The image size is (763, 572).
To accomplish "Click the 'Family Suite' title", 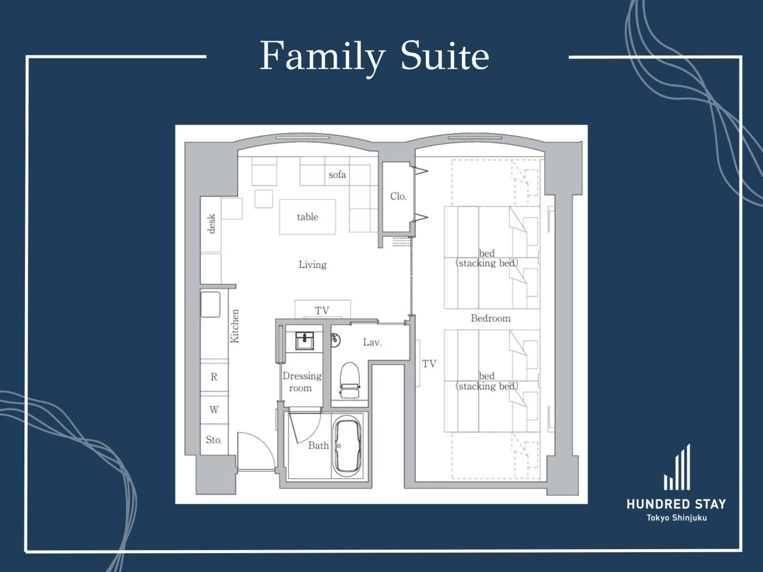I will [x=374, y=56].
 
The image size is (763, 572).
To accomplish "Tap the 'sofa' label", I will [x=337, y=175].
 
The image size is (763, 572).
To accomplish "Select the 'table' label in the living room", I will [x=307, y=217].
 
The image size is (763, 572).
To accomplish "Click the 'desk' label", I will [x=211, y=223].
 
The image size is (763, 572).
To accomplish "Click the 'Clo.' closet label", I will [x=398, y=196].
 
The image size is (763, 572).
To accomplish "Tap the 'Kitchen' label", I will [x=234, y=326].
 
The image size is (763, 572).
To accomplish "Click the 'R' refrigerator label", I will [x=214, y=377].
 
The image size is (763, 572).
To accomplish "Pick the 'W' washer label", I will [x=214, y=410].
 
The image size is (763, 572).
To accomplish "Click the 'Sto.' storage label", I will [x=214, y=440].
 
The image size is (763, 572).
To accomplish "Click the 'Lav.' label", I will [x=372, y=342].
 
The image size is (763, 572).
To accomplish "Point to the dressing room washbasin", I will [x=305, y=341].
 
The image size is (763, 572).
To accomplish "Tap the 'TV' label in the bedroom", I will [x=429, y=364].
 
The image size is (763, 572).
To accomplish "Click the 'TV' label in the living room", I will [x=322, y=310].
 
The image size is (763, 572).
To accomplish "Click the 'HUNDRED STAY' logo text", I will [x=676, y=504].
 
